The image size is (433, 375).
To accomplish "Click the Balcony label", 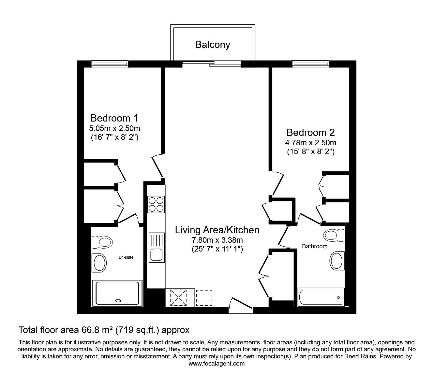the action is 213,45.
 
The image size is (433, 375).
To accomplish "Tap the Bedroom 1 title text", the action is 114,118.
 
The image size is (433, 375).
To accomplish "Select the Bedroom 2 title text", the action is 311,132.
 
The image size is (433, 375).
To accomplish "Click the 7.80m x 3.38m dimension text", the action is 217,240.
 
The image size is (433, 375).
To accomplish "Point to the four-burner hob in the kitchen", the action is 156,204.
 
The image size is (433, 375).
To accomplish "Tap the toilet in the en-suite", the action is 102,242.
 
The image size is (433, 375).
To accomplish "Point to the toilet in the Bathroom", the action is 334,235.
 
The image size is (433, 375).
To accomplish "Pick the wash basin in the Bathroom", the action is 337,261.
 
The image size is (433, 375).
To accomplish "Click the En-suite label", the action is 126,257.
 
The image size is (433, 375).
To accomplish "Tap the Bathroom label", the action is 315,246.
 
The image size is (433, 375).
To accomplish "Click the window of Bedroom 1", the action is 110,64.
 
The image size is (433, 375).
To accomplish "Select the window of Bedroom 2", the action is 311,64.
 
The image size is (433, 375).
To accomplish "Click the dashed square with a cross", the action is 178,298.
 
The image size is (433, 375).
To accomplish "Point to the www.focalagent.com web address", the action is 216,364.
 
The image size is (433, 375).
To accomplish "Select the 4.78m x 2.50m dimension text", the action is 311,143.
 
